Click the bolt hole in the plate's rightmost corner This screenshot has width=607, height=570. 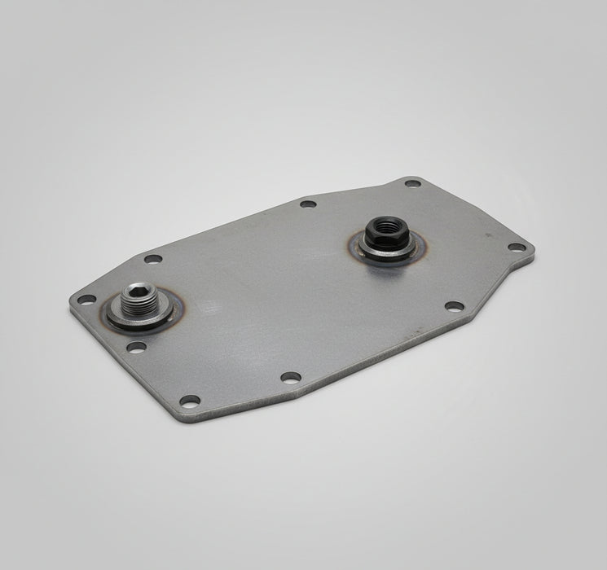(517, 247)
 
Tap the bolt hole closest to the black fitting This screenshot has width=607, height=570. (412, 183)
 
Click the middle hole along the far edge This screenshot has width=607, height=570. (307, 204)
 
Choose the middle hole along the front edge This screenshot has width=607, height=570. (291, 377)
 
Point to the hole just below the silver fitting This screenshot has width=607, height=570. (137, 347)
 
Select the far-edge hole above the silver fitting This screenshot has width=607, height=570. (152, 260)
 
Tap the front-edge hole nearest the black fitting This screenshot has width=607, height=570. (454, 306)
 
